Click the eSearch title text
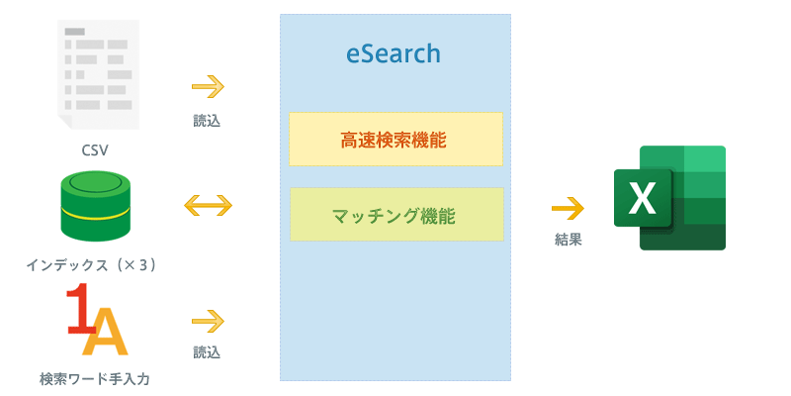pos(393,53)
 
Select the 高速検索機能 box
pos(395,139)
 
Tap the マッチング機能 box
pos(396,214)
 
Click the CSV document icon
pos(98,75)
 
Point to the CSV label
pos(95,150)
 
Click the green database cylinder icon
pos(95,206)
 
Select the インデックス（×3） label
pos(91,265)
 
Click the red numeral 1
pos(80,309)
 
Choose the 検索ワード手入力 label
pos(95,378)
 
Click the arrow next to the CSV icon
pos(208,86)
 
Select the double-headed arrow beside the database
pos(208,206)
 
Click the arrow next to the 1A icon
pos(208,321)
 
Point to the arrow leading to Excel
pos(568,208)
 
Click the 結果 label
pos(568,240)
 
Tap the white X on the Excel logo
pos(643,198)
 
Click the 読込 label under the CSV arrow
pos(207,121)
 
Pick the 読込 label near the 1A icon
pos(207,352)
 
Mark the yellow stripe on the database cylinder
pos(95,214)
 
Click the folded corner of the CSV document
pos(64,121)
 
